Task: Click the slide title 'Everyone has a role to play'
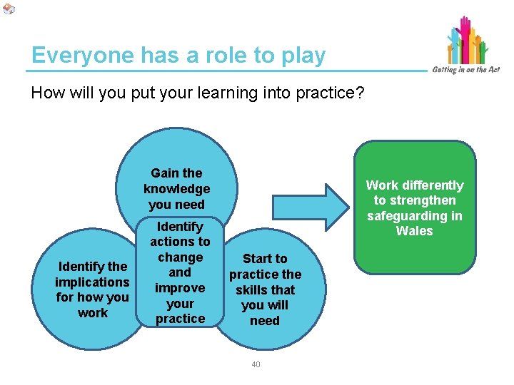tap(178, 56)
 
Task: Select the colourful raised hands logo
tap(468, 39)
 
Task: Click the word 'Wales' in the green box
tap(415, 231)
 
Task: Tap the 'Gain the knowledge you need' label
tap(176, 189)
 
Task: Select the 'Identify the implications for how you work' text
tap(93, 289)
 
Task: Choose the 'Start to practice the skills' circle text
tap(265, 289)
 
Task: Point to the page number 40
tap(256, 365)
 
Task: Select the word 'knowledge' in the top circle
tap(176, 189)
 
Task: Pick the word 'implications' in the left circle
tap(93, 282)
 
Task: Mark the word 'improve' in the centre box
tap(180, 288)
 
